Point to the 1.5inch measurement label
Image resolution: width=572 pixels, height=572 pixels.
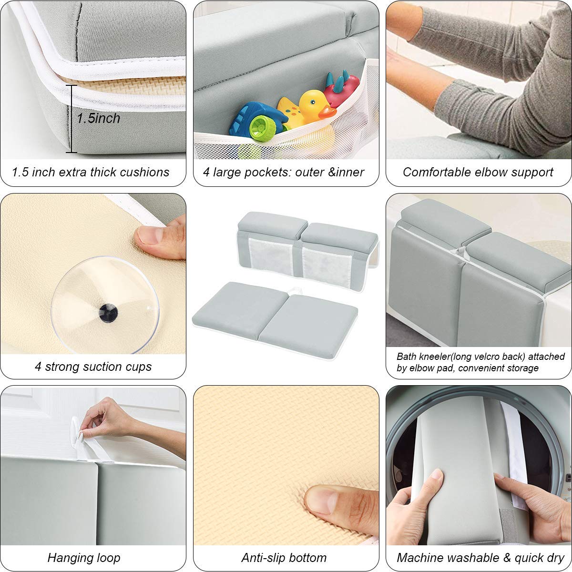(x=99, y=118)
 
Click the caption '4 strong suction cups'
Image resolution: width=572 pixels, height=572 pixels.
(x=93, y=367)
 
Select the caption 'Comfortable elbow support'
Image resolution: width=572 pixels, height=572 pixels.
(x=478, y=172)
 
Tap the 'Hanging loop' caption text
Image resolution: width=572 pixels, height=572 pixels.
(x=84, y=557)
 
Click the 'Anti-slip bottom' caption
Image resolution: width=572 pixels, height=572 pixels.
(x=284, y=557)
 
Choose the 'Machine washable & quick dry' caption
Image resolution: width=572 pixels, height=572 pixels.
(x=480, y=557)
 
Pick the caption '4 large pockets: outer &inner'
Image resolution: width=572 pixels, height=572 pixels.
(x=284, y=172)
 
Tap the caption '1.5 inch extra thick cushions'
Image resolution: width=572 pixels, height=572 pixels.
(x=91, y=172)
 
